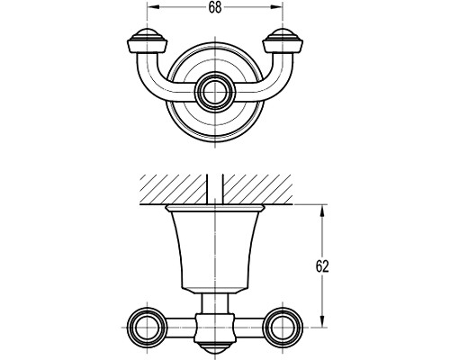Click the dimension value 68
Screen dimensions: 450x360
[215, 8]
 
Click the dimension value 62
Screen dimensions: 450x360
[322, 266]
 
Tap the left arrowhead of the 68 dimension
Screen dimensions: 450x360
[152, 7]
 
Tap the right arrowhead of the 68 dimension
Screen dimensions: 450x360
[277, 7]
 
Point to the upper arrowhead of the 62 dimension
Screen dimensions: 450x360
[322, 211]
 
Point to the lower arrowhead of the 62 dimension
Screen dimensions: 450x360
[322, 321]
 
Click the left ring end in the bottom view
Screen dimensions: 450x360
[147, 327]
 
